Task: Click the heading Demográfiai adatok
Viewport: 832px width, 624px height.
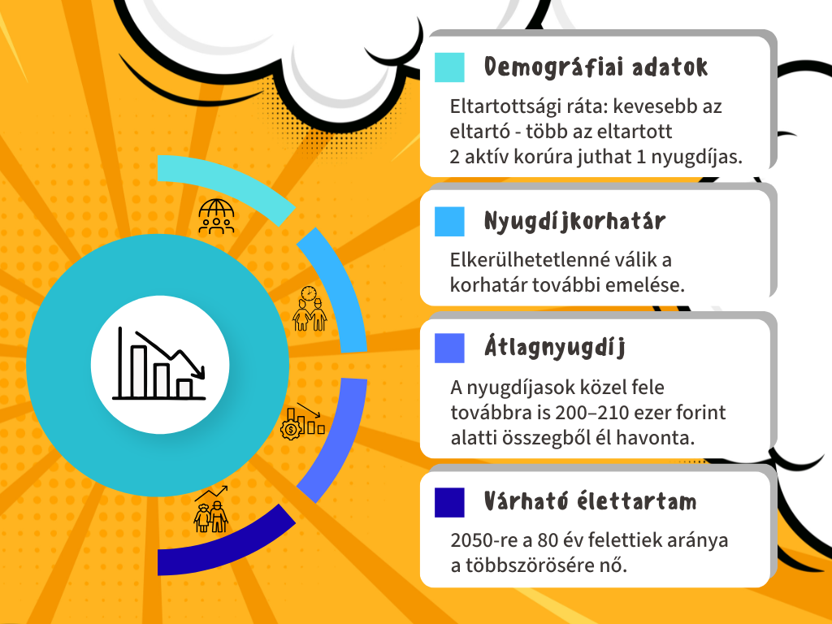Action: pos(596,67)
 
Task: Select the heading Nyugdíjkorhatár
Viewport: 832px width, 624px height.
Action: pos(574,221)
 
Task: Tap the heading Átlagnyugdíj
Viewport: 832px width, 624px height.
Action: pos(555,348)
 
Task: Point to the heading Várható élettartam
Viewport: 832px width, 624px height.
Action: pos(591,500)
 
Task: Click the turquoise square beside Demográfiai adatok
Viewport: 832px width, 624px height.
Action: pos(449,67)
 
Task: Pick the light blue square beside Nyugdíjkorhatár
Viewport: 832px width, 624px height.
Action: pos(449,221)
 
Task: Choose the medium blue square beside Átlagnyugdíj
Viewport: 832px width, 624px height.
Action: pos(449,348)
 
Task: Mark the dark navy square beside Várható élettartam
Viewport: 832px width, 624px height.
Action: pos(449,502)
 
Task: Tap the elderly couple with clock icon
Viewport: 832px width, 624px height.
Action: pos(310,309)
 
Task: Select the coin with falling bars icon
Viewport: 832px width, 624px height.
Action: pos(302,421)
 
